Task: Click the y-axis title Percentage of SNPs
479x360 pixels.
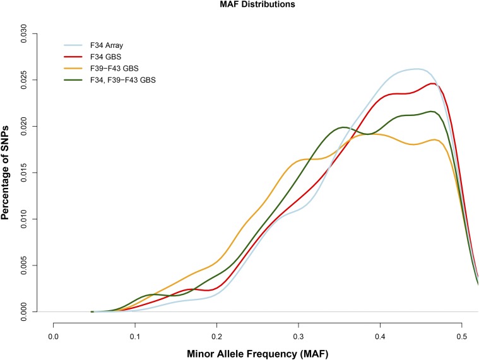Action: pyautogui.click(x=6, y=170)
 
